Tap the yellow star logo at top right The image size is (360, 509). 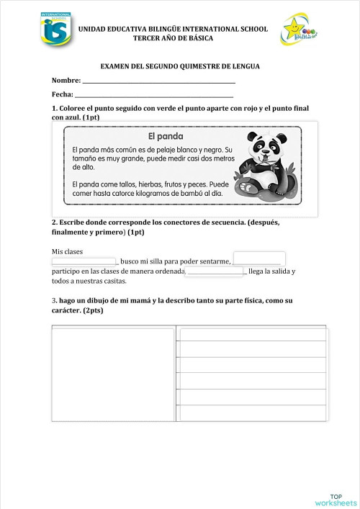click(x=296, y=31)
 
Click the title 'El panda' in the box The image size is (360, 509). click(x=166, y=136)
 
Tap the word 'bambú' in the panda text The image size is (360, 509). click(x=188, y=194)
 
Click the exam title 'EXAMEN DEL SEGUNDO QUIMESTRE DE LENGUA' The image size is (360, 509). click(x=179, y=66)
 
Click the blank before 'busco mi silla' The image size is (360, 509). click(x=84, y=261)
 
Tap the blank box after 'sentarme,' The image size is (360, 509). click(x=259, y=258)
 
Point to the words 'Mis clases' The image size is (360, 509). click(x=68, y=251)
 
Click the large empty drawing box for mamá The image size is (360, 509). click(x=113, y=374)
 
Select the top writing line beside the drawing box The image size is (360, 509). click(x=253, y=334)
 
